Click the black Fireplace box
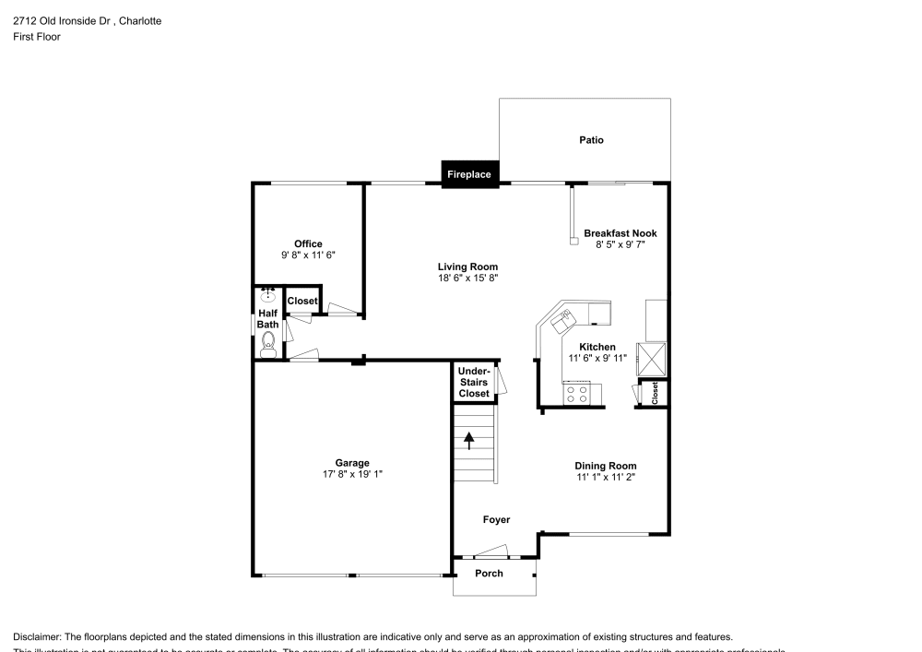[x=469, y=174]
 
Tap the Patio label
[x=591, y=140]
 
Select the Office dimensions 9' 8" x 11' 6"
[x=308, y=255]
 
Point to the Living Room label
[x=467, y=267]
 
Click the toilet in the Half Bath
[x=268, y=346]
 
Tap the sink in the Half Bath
[x=268, y=295]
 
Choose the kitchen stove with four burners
[x=578, y=394]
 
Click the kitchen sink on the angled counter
[x=561, y=321]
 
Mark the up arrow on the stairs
[x=468, y=440]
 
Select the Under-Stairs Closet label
[x=474, y=383]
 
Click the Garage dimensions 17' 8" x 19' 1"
[x=351, y=474]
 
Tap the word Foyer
[x=496, y=520]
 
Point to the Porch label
[x=489, y=574]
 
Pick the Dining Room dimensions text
[x=606, y=477]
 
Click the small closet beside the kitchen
[x=655, y=392]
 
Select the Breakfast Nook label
[x=620, y=233]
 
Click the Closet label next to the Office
[x=302, y=302]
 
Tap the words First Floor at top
[x=37, y=37]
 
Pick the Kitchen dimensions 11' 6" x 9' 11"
[x=597, y=358]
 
